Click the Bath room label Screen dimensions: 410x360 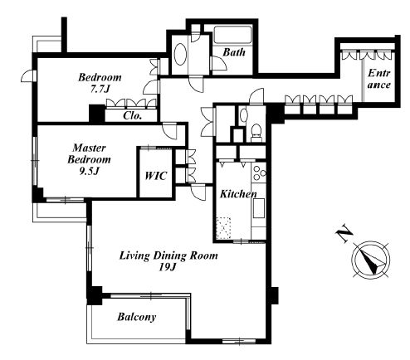click(234, 52)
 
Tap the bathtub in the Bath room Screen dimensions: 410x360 click(232, 35)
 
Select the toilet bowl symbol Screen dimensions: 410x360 click(256, 131)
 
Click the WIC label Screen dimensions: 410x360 click(156, 176)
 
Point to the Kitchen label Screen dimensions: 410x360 click(238, 194)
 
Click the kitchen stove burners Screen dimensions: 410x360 click(259, 173)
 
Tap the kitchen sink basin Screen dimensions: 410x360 click(259, 208)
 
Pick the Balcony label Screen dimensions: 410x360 click(137, 317)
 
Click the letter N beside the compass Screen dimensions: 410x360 click(344, 234)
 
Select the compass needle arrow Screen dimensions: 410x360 click(370, 260)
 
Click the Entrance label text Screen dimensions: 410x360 click(379, 79)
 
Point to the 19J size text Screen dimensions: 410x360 click(168, 267)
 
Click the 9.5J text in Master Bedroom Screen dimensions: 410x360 click(90, 172)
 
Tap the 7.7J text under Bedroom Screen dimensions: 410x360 click(100, 90)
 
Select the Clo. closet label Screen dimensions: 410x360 click(133, 115)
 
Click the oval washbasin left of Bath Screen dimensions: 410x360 click(180, 54)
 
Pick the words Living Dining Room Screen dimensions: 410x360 click(168, 255)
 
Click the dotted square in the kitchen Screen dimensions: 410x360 click(223, 228)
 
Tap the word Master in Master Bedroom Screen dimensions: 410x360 click(89, 148)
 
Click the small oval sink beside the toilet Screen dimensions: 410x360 click(243, 115)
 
